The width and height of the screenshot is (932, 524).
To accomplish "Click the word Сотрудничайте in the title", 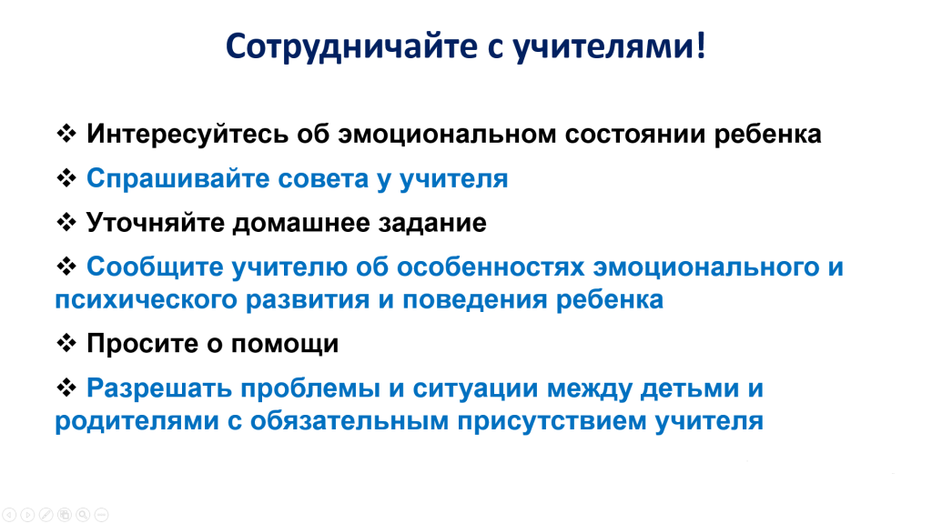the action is pos(351,47).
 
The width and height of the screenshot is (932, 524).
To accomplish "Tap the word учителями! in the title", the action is pos(609,47).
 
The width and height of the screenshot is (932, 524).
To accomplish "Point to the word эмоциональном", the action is pos(448,135).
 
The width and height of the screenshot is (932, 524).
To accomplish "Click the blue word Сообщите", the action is pos(155,267).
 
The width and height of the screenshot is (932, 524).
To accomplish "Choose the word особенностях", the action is pos(491,267).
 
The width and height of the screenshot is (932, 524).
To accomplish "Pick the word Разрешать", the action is pos(159,388).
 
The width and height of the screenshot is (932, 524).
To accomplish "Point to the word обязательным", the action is pos(349,421).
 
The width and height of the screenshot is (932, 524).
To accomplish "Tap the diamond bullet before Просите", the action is pos(66,343).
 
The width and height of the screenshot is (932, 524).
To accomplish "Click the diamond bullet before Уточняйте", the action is pos(66,222).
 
